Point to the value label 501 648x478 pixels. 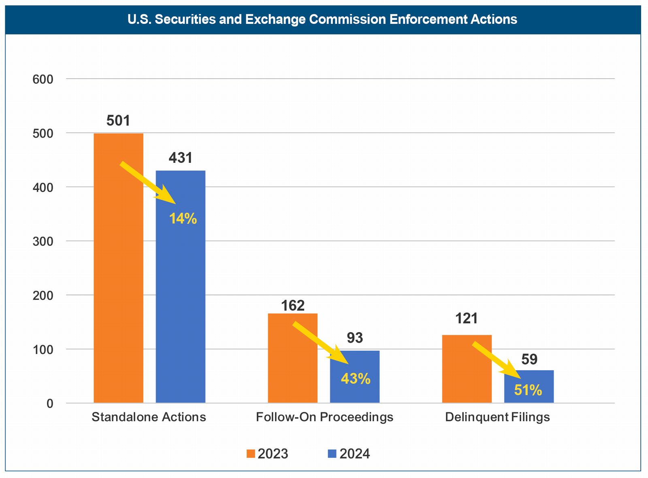click(x=118, y=121)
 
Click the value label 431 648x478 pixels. click(x=181, y=158)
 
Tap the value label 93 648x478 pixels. click(x=355, y=338)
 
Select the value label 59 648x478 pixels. click(x=529, y=359)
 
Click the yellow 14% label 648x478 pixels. click(x=183, y=219)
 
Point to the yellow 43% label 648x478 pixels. click(x=356, y=379)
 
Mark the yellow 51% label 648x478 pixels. click(x=528, y=390)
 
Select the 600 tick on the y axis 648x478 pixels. click(x=43, y=79)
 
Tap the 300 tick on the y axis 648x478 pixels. click(x=43, y=241)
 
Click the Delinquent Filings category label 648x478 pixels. click(x=497, y=417)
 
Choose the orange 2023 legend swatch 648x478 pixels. click(x=251, y=454)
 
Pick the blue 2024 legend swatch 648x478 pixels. click(x=332, y=454)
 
